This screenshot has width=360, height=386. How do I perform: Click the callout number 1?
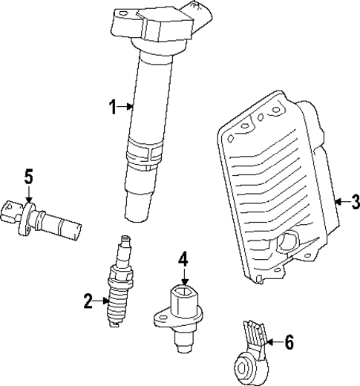[x=113, y=108]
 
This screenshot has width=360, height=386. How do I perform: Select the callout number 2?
[x=88, y=301]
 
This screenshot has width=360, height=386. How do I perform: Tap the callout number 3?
[x=354, y=200]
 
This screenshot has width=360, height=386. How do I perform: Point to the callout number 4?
[x=183, y=259]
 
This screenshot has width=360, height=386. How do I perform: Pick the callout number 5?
[x=28, y=177]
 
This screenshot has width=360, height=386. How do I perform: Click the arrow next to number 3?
[x=339, y=200]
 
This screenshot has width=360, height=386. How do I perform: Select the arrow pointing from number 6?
[x=272, y=341]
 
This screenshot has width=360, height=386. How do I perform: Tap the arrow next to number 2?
[x=103, y=301]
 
